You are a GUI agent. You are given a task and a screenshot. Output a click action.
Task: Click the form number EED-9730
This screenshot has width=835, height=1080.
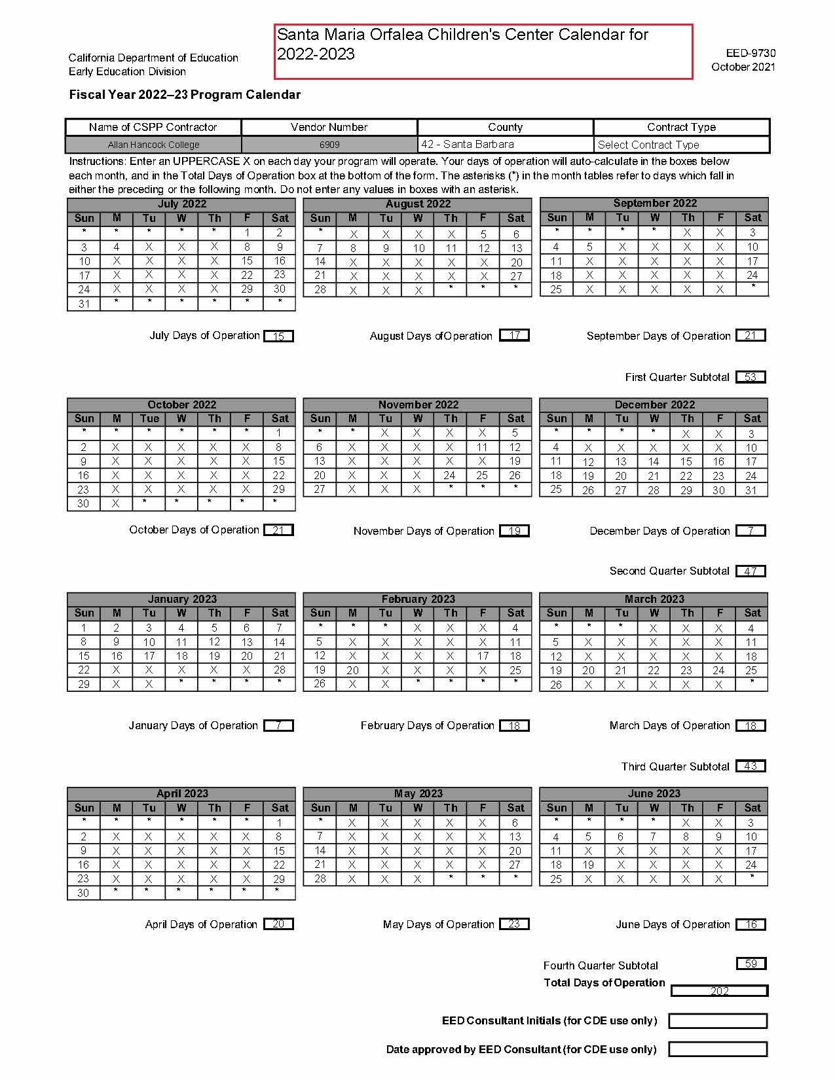click(x=751, y=53)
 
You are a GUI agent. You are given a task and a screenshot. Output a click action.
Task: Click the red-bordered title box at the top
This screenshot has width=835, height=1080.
click(x=483, y=52)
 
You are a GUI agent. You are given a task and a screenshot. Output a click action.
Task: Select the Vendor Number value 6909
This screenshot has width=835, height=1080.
click(x=329, y=145)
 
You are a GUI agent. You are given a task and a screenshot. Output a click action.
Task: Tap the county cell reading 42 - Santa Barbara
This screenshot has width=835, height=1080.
click(x=505, y=145)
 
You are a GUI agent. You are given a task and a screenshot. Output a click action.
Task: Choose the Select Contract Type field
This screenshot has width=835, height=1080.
click(x=681, y=145)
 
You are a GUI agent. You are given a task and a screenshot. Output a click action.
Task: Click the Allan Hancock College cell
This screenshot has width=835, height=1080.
click(x=153, y=145)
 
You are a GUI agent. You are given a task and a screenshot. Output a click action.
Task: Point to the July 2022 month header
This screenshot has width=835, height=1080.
click(x=181, y=204)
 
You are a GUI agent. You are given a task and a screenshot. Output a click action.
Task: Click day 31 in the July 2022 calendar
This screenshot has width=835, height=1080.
click(x=84, y=304)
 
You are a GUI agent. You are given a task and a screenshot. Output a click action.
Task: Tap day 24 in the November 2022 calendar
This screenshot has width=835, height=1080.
click(x=450, y=475)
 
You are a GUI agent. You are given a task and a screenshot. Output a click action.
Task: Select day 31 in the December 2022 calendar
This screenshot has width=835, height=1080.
click(x=751, y=490)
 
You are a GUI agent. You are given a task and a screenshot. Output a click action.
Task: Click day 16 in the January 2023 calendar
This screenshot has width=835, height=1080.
click(x=117, y=656)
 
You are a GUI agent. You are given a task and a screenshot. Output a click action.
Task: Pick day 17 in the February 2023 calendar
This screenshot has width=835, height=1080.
click(x=483, y=656)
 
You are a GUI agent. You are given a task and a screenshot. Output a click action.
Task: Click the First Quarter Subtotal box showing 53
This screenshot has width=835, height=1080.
click(x=751, y=377)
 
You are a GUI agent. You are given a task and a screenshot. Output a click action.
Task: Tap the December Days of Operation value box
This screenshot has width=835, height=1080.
click(x=751, y=531)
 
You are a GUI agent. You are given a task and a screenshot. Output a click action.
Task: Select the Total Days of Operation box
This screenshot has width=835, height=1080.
click(x=719, y=991)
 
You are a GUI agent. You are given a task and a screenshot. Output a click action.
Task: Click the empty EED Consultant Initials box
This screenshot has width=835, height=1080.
click(x=718, y=1020)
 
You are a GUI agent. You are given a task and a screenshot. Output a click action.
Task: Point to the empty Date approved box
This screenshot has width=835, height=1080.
click(x=718, y=1049)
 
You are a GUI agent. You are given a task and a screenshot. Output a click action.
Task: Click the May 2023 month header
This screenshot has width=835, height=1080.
click(x=418, y=793)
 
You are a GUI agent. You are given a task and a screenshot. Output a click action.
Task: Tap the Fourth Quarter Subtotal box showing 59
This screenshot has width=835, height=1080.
click(x=751, y=963)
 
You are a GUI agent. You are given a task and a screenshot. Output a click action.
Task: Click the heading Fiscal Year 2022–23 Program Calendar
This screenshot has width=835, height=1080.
click(x=185, y=95)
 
